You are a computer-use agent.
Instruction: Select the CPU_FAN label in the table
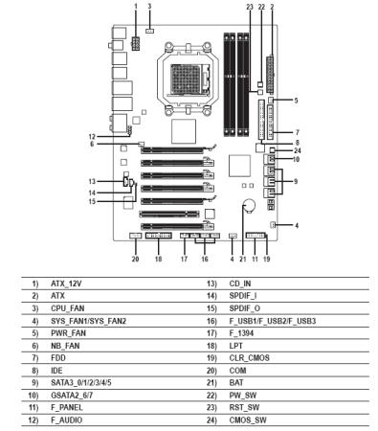point(68,308)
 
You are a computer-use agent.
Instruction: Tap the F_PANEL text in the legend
point(67,408)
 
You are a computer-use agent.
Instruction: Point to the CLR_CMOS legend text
point(249,358)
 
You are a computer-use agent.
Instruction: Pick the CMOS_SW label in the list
point(248,420)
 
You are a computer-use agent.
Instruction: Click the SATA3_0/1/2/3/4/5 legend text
point(81,383)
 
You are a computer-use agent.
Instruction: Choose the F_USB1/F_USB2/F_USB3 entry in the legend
point(273,321)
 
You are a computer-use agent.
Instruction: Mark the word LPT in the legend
point(236,346)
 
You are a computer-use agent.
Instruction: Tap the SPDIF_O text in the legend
point(245,308)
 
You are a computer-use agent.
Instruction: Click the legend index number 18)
point(211,346)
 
